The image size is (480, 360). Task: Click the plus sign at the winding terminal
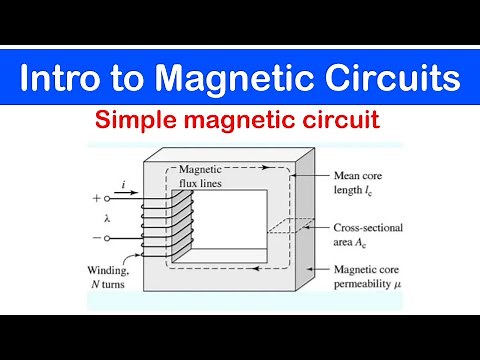96,198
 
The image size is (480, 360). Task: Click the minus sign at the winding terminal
96,239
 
